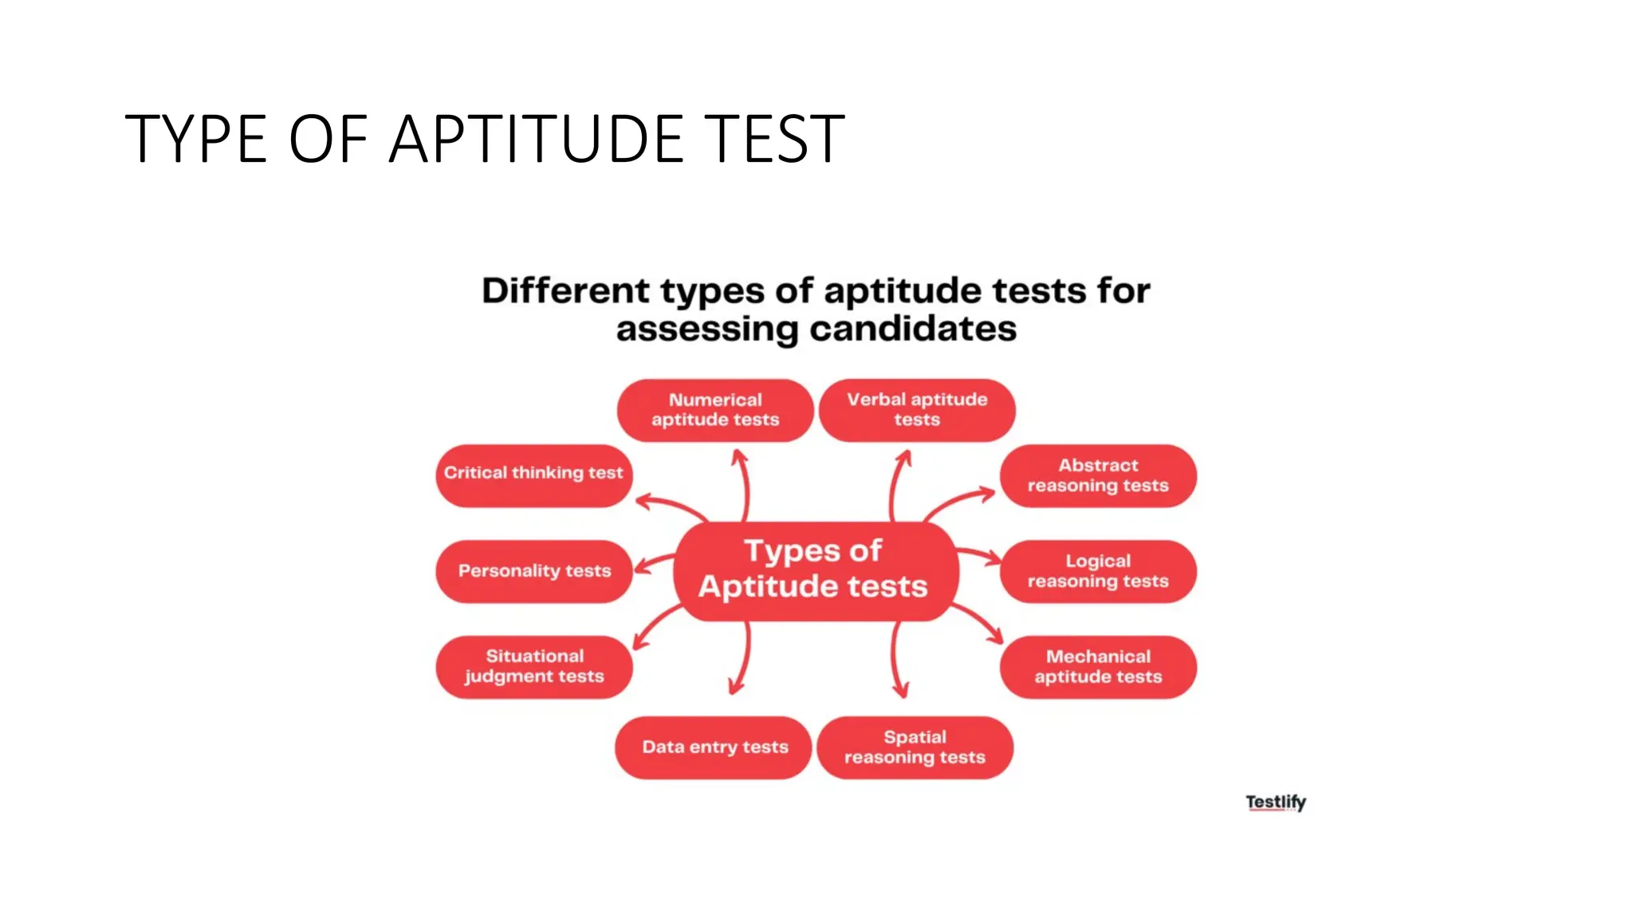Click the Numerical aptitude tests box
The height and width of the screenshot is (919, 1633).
tap(715, 410)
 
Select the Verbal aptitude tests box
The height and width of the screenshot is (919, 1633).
tap(917, 410)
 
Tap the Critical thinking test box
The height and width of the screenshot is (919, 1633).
tap(533, 475)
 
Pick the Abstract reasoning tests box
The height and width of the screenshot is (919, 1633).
tap(1098, 475)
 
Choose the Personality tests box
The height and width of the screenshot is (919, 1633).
tap(533, 571)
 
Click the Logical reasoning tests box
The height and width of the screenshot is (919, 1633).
tap(1098, 571)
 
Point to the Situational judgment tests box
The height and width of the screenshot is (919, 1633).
tap(533, 667)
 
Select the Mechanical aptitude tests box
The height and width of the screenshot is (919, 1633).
tap(1098, 667)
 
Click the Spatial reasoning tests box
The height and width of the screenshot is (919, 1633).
tap(915, 747)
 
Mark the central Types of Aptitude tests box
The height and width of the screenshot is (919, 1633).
tap(813, 570)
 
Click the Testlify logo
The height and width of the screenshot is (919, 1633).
tap(1276, 802)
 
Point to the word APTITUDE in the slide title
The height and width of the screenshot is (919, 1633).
tap(536, 139)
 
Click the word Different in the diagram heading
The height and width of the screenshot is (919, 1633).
tap(566, 290)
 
